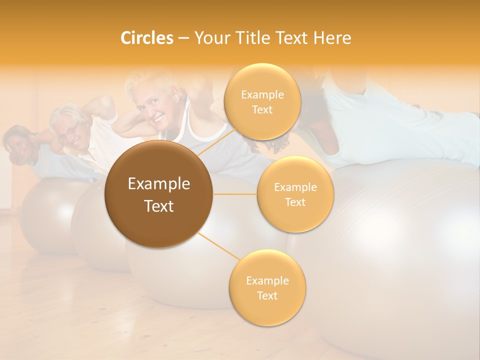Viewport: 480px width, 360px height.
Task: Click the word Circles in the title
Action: (146, 38)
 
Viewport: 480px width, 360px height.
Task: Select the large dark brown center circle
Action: (159, 194)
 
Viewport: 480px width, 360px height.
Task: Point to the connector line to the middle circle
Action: (235, 194)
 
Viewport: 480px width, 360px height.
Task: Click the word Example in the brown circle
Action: (159, 184)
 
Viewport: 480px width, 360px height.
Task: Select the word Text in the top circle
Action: (262, 110)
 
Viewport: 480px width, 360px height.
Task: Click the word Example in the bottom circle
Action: (267, 280)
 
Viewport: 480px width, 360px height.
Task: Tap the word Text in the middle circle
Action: (295, 202)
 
